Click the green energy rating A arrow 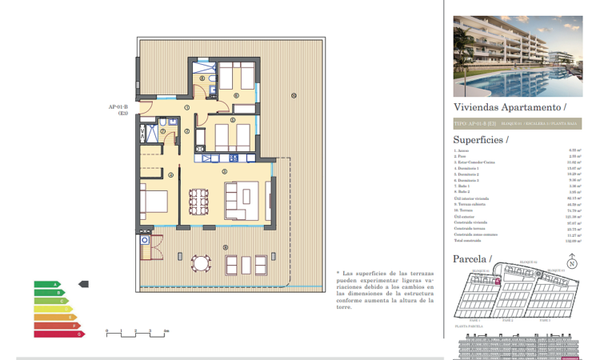click(46, 284)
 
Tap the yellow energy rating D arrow click(52, 309)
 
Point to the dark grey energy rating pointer click(84, 284)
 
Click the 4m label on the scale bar click(166, 330)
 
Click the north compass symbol click(571, 262)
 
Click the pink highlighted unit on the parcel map click(498, 281)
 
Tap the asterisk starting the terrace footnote click(338, 273)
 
